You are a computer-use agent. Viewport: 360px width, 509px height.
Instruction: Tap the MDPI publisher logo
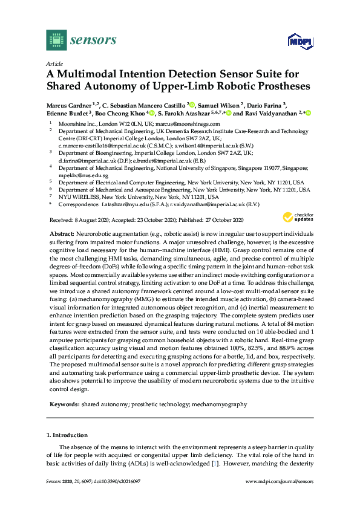[298, 41]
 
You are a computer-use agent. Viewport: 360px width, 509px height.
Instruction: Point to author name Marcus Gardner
[69, 104]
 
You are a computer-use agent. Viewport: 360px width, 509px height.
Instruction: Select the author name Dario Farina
[263, 104]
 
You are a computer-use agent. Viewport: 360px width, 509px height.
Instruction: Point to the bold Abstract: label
[61, 233]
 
